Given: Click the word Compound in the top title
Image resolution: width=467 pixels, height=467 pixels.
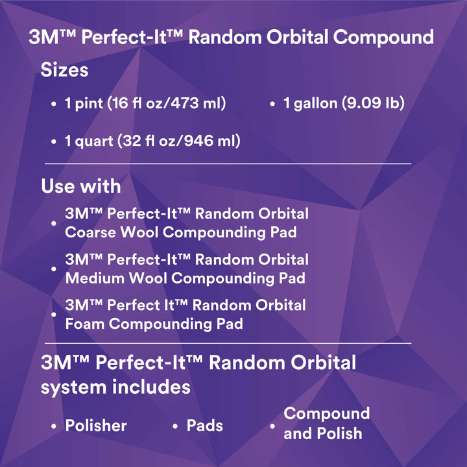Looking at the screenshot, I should (383, 37).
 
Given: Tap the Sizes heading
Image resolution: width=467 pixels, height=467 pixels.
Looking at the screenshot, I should (64, 69).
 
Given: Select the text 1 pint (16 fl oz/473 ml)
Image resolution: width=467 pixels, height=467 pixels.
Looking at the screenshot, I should (145, 103).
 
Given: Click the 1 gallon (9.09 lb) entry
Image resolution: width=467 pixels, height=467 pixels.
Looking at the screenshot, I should (344, 103).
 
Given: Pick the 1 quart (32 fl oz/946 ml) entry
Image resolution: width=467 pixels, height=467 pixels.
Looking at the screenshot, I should (152, 140).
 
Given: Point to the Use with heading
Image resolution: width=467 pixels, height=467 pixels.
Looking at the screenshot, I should (80, 186).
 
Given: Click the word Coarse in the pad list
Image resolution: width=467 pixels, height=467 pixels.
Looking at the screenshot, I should (90, 232).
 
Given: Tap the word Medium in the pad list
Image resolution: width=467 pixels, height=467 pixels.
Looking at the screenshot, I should (93, 278).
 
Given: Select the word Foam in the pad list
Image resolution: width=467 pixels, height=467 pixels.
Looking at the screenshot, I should (84, 323).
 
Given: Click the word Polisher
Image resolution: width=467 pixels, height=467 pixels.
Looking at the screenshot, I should (96, 425).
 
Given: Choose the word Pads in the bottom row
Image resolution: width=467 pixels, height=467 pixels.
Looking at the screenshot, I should (204, 425).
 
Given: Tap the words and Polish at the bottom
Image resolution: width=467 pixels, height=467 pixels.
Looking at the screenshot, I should (323, 433).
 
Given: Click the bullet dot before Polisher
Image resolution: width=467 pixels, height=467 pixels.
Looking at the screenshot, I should (54, 427).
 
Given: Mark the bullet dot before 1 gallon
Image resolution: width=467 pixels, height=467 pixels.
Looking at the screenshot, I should (272, 104).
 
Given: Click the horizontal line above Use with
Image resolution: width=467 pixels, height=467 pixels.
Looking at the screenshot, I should (227, 164).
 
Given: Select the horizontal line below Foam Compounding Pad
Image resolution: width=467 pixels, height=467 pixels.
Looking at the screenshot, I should (227, 343).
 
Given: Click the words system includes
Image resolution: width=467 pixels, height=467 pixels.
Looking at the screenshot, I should (115, 387).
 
